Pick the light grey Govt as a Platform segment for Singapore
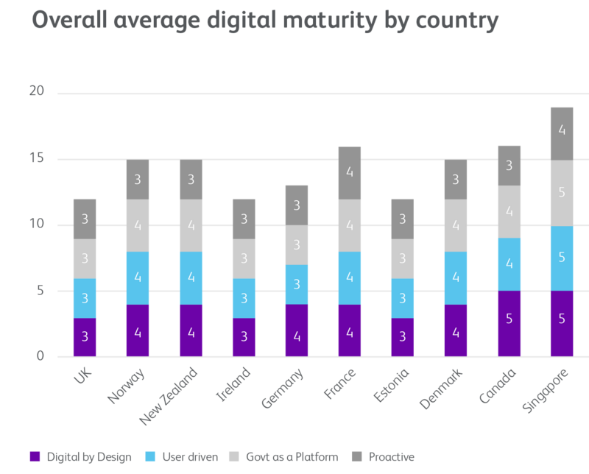[562, 194]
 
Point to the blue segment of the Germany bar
[297, 284]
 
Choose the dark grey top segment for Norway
[138, 179]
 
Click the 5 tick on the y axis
[40, 291]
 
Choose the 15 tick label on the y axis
[37, 158]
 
